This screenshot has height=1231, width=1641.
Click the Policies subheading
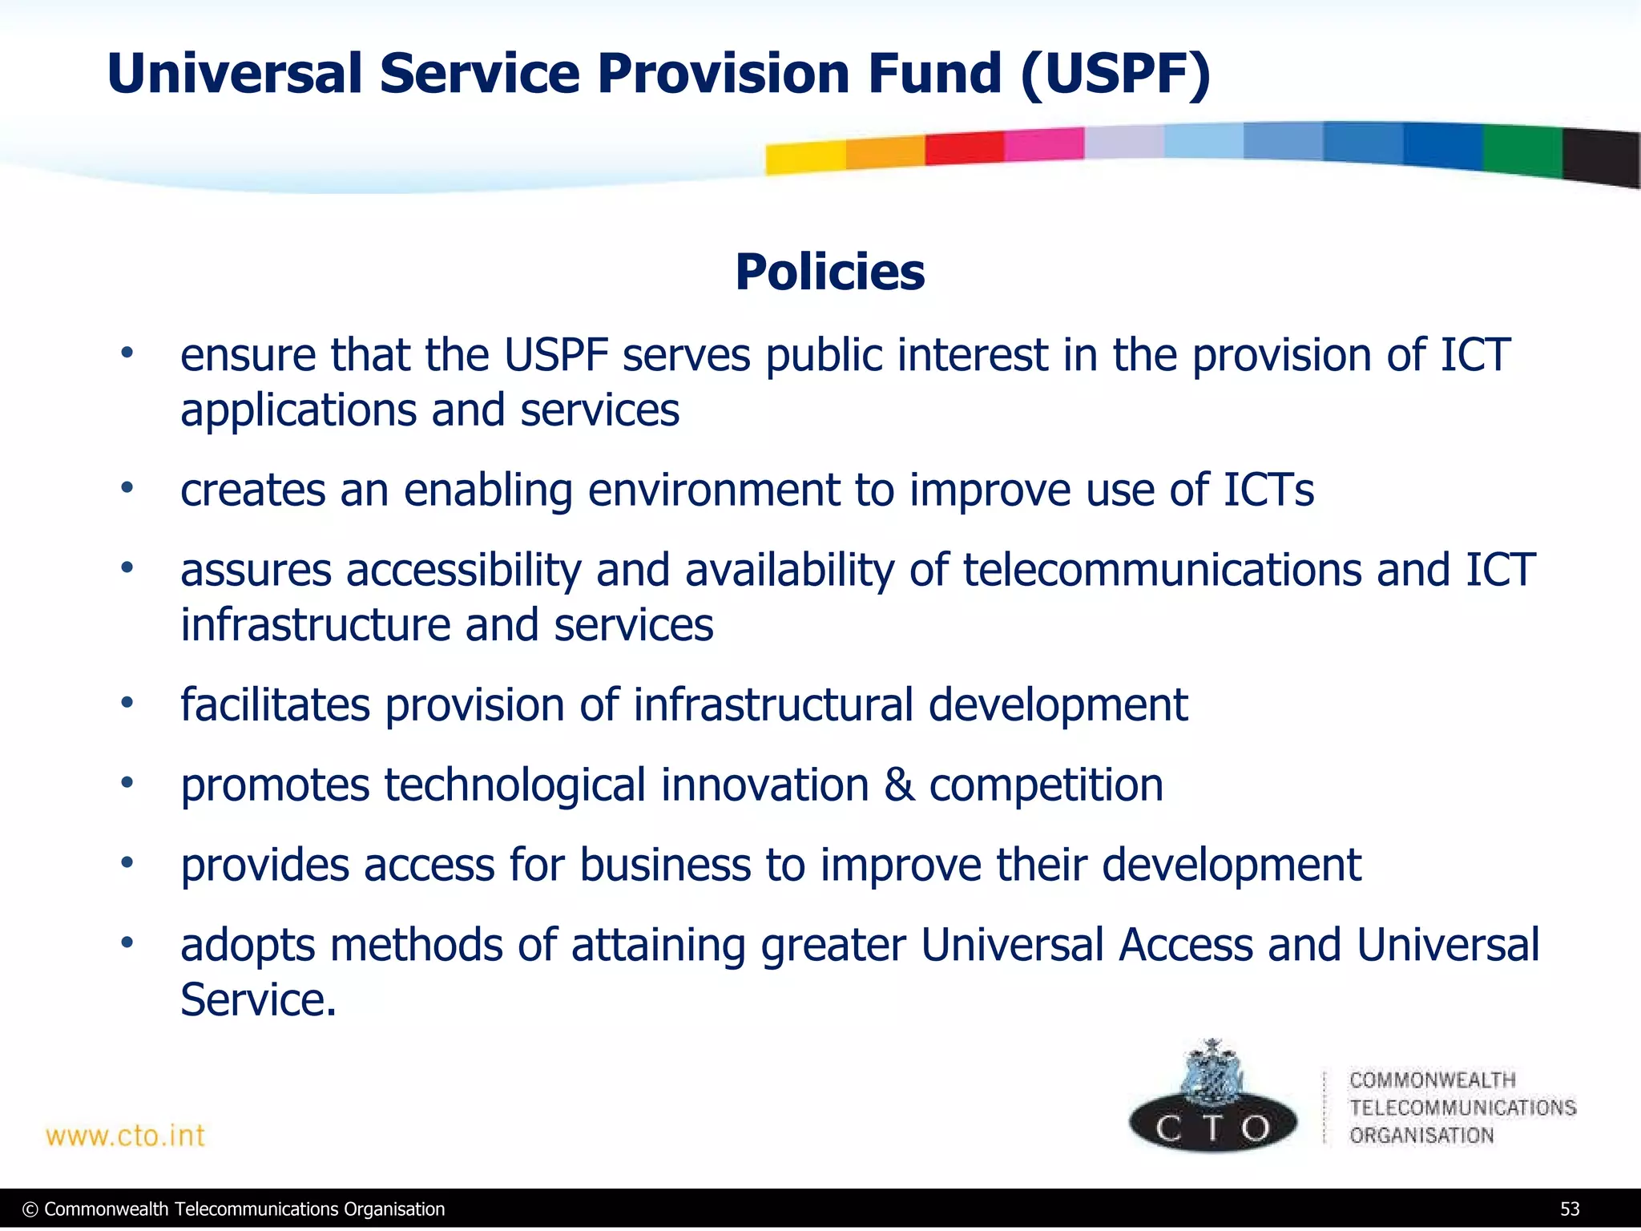coord(829,272)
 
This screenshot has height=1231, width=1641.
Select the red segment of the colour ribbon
coord(964,148)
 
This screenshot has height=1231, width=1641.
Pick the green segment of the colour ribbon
coord(1522,151)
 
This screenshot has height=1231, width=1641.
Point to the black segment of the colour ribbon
coord(1601,159)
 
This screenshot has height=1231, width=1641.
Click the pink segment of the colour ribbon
coord(1043,144)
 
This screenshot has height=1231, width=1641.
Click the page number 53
coord(1569,1209)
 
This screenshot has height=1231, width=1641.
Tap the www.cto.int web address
coord(126,1136)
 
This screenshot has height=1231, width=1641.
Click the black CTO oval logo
coord(1213,1126)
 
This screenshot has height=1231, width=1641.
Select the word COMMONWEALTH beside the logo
coord(1433,1080)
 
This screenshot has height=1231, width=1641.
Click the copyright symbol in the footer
coord(30,1209)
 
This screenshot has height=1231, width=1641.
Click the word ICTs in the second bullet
coord(1268,490)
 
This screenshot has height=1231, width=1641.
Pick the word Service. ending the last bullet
coord(258,999)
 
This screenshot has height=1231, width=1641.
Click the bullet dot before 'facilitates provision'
coord(127,703)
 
